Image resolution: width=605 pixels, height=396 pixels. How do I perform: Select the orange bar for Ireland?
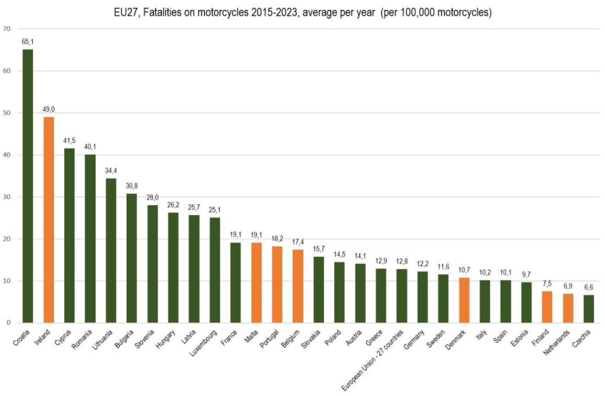pos(49,220)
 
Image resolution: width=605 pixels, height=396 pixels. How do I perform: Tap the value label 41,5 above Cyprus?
pos(69,142)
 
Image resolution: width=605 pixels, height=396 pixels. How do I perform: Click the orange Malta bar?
pos(256,282)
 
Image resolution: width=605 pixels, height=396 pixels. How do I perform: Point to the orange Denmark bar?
pos(464,300)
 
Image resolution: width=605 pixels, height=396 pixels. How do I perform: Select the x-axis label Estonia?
pos(523,337)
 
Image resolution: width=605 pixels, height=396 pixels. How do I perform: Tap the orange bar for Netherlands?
pos(568,308)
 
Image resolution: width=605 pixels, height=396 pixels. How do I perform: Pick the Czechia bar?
pos(588,309)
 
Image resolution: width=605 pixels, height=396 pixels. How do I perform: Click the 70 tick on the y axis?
pos(7,29)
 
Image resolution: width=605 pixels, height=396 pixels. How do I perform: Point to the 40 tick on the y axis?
pos(7,155)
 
